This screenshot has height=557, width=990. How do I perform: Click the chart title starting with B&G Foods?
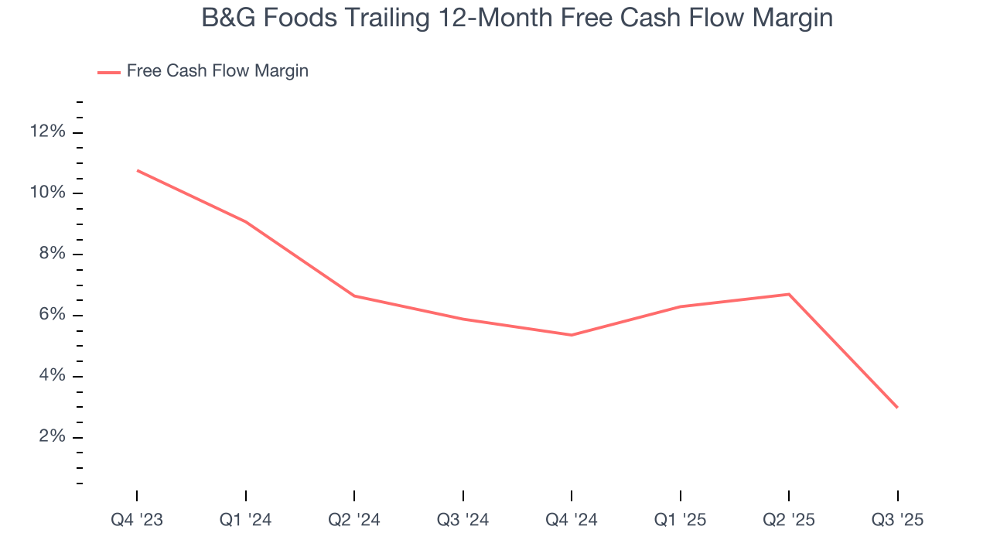click(517, 18)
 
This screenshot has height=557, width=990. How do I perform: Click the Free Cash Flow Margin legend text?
click(217, 71)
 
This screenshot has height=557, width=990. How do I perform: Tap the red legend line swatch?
click(109, 72)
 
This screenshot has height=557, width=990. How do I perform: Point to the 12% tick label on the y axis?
click(47, 132)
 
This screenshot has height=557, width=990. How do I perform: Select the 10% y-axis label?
click(47, 193)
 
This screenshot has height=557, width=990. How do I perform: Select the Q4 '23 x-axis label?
click(137, 521)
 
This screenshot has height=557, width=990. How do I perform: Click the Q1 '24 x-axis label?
click(246, 521)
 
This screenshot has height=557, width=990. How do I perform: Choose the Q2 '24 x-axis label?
click(354, 521)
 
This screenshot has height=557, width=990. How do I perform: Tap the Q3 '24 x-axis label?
click(463, 521)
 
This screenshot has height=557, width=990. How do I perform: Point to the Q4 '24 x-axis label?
click(572, 521)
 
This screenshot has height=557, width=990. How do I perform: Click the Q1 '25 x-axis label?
click(680, 521)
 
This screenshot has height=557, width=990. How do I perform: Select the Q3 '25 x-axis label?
click(897, 521)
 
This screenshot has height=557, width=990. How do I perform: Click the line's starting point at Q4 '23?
click(138, 170)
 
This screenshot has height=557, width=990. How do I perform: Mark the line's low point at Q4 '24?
click(572, 335)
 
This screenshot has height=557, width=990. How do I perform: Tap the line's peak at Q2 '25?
click(789, 294)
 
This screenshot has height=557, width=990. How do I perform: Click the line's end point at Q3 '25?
click(897, 408)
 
